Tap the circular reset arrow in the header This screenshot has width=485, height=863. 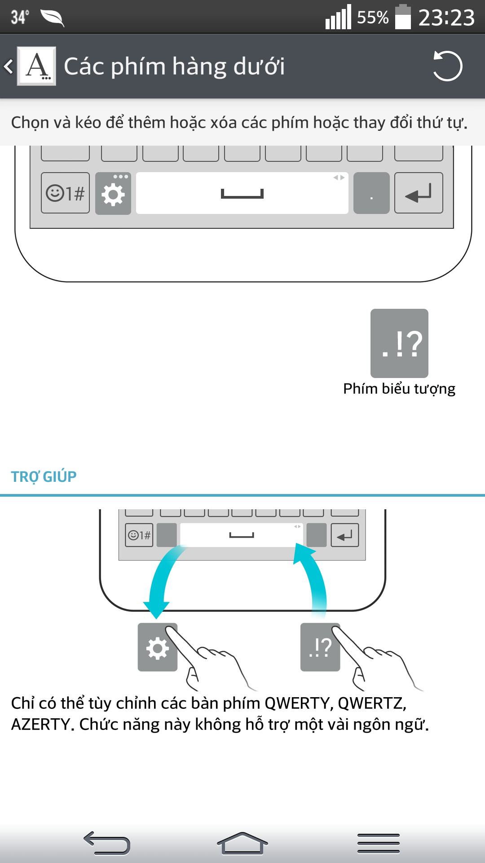[x=447, y=66]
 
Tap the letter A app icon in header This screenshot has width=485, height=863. [x=37, y=66]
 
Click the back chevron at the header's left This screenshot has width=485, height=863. [x=8, y=67]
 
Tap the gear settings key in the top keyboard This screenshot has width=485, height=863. [x=113, y=194]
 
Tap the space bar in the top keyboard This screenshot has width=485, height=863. [x=242, y=193]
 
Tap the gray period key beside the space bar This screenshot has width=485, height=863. [x=371, y=194]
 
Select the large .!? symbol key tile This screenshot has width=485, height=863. [x=399, y=343]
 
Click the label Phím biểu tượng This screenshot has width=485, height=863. [x=399, y=389]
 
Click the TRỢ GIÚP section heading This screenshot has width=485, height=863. [x=44, y=476]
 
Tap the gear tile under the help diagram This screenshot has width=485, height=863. [x=157, y=647]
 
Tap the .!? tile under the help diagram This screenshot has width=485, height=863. [x=320, y=647]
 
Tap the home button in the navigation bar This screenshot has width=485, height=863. [x=242, y=843]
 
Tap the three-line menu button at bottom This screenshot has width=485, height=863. [x=378, y=843]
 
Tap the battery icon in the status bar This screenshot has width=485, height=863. [x=403, y=17]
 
